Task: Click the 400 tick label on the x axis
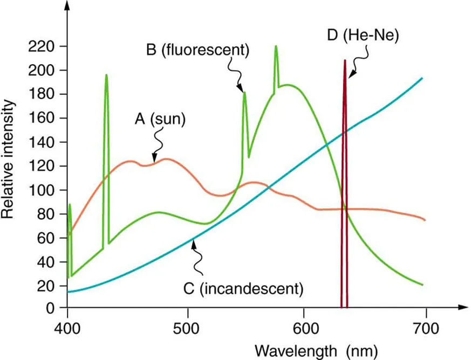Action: [x=67, y=327]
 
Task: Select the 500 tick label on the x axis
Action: [x=187, y=327]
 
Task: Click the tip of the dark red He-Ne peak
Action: [x=344, y=60]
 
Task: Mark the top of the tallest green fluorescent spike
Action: [x=276, y=46]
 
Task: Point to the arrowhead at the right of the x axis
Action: [x=463, y=309]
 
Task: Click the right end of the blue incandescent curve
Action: [x=422, y=78]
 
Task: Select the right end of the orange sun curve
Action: [x=425, y=220]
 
